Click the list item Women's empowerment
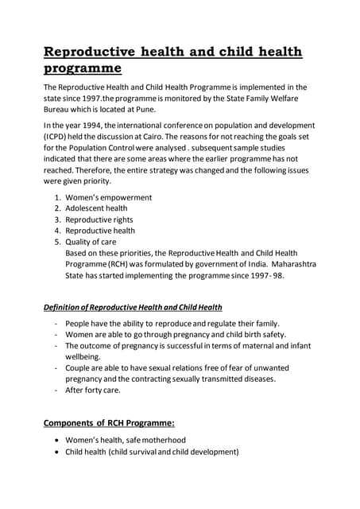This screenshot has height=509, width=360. (x=109, y=197)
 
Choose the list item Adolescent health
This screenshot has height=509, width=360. (x=96, y=208)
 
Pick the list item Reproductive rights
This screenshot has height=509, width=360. (x=99, y=220)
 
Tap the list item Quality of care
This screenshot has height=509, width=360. (x=91, y=242)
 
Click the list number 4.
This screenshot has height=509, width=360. (x=57, y=231)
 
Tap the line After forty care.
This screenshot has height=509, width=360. (x=93, y=390)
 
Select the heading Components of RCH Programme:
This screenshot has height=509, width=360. (x=109, y=423)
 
